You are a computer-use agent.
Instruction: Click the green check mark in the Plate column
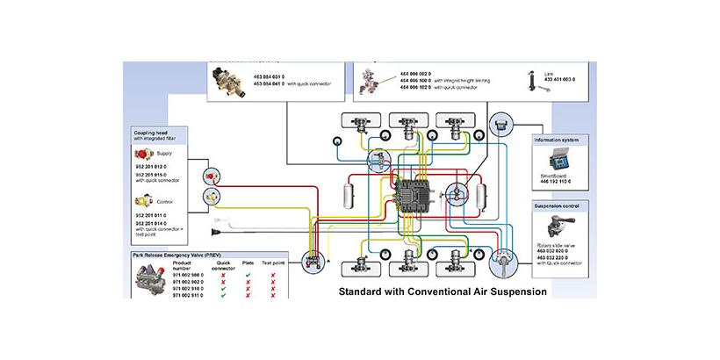(x=249, y=274)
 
